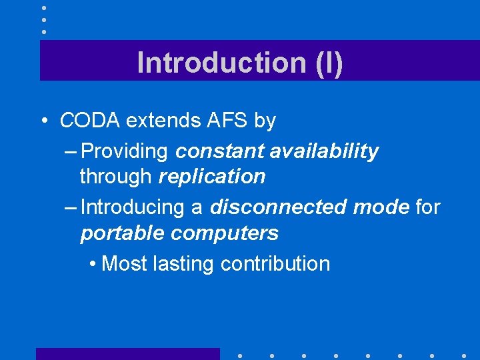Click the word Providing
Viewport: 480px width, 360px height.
pyautogui.click(x=124, y=151)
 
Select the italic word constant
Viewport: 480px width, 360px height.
pyautogui.click(x=220, y=151)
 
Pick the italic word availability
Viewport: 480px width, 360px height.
pyautogui.click(x=324, y=151)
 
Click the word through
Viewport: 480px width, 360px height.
pyautogui.click(x=117, y=177)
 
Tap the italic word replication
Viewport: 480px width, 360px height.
pyautogui.click(x=212, y=177)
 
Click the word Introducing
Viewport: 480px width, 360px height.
pyautogui.click(x=133, y=207)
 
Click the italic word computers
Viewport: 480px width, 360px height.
pyautogui.click(x=225, y=233)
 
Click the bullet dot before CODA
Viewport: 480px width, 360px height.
pyautogui.click(x=43, y=121)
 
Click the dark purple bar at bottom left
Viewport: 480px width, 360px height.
pyautogui.click(x=127, y=353)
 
